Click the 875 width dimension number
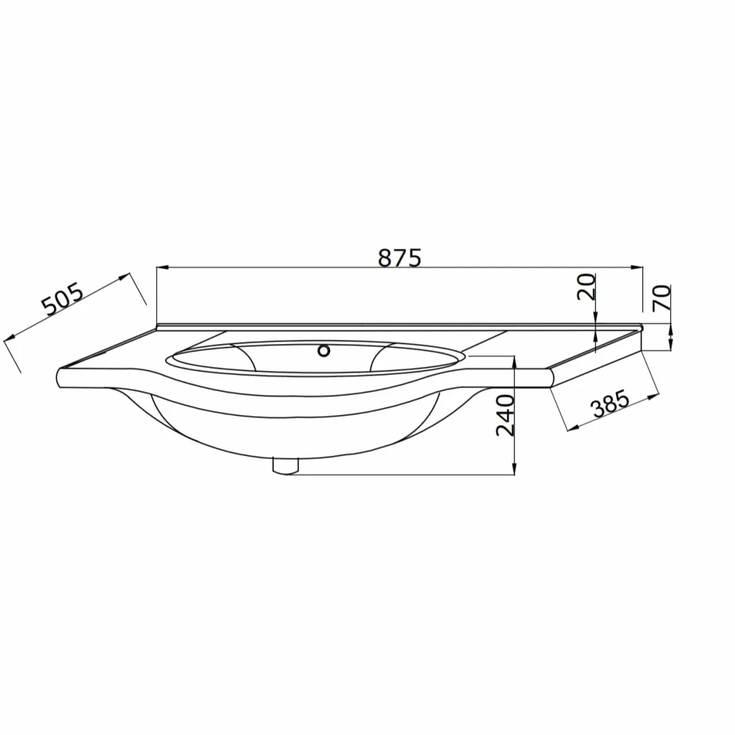point(400,257)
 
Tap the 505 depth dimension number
point(62,299)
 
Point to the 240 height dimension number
point(505,415)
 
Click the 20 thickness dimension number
point(586,287)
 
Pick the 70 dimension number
point(661,297)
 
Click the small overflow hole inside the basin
point(324,350)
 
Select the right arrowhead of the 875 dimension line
point(637,268)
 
